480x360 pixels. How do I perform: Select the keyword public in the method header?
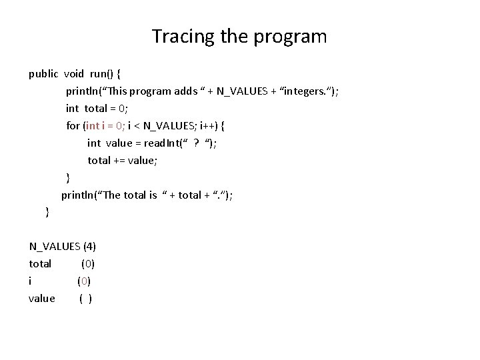pos(43,74)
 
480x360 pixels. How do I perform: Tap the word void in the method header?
pos(75,74)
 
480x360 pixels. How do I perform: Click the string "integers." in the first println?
pos(307,91)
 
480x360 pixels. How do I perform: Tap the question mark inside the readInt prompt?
pos(196,143)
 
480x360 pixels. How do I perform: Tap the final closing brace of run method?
pos(46,212)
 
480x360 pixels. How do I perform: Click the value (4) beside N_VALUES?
pos(89,247)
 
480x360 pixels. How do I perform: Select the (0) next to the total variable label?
pos(87,264)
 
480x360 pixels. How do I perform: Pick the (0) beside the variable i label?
pos(84,281)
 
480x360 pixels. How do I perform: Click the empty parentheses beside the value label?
pos(85,299)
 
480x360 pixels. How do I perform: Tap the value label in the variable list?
pos(42,299)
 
